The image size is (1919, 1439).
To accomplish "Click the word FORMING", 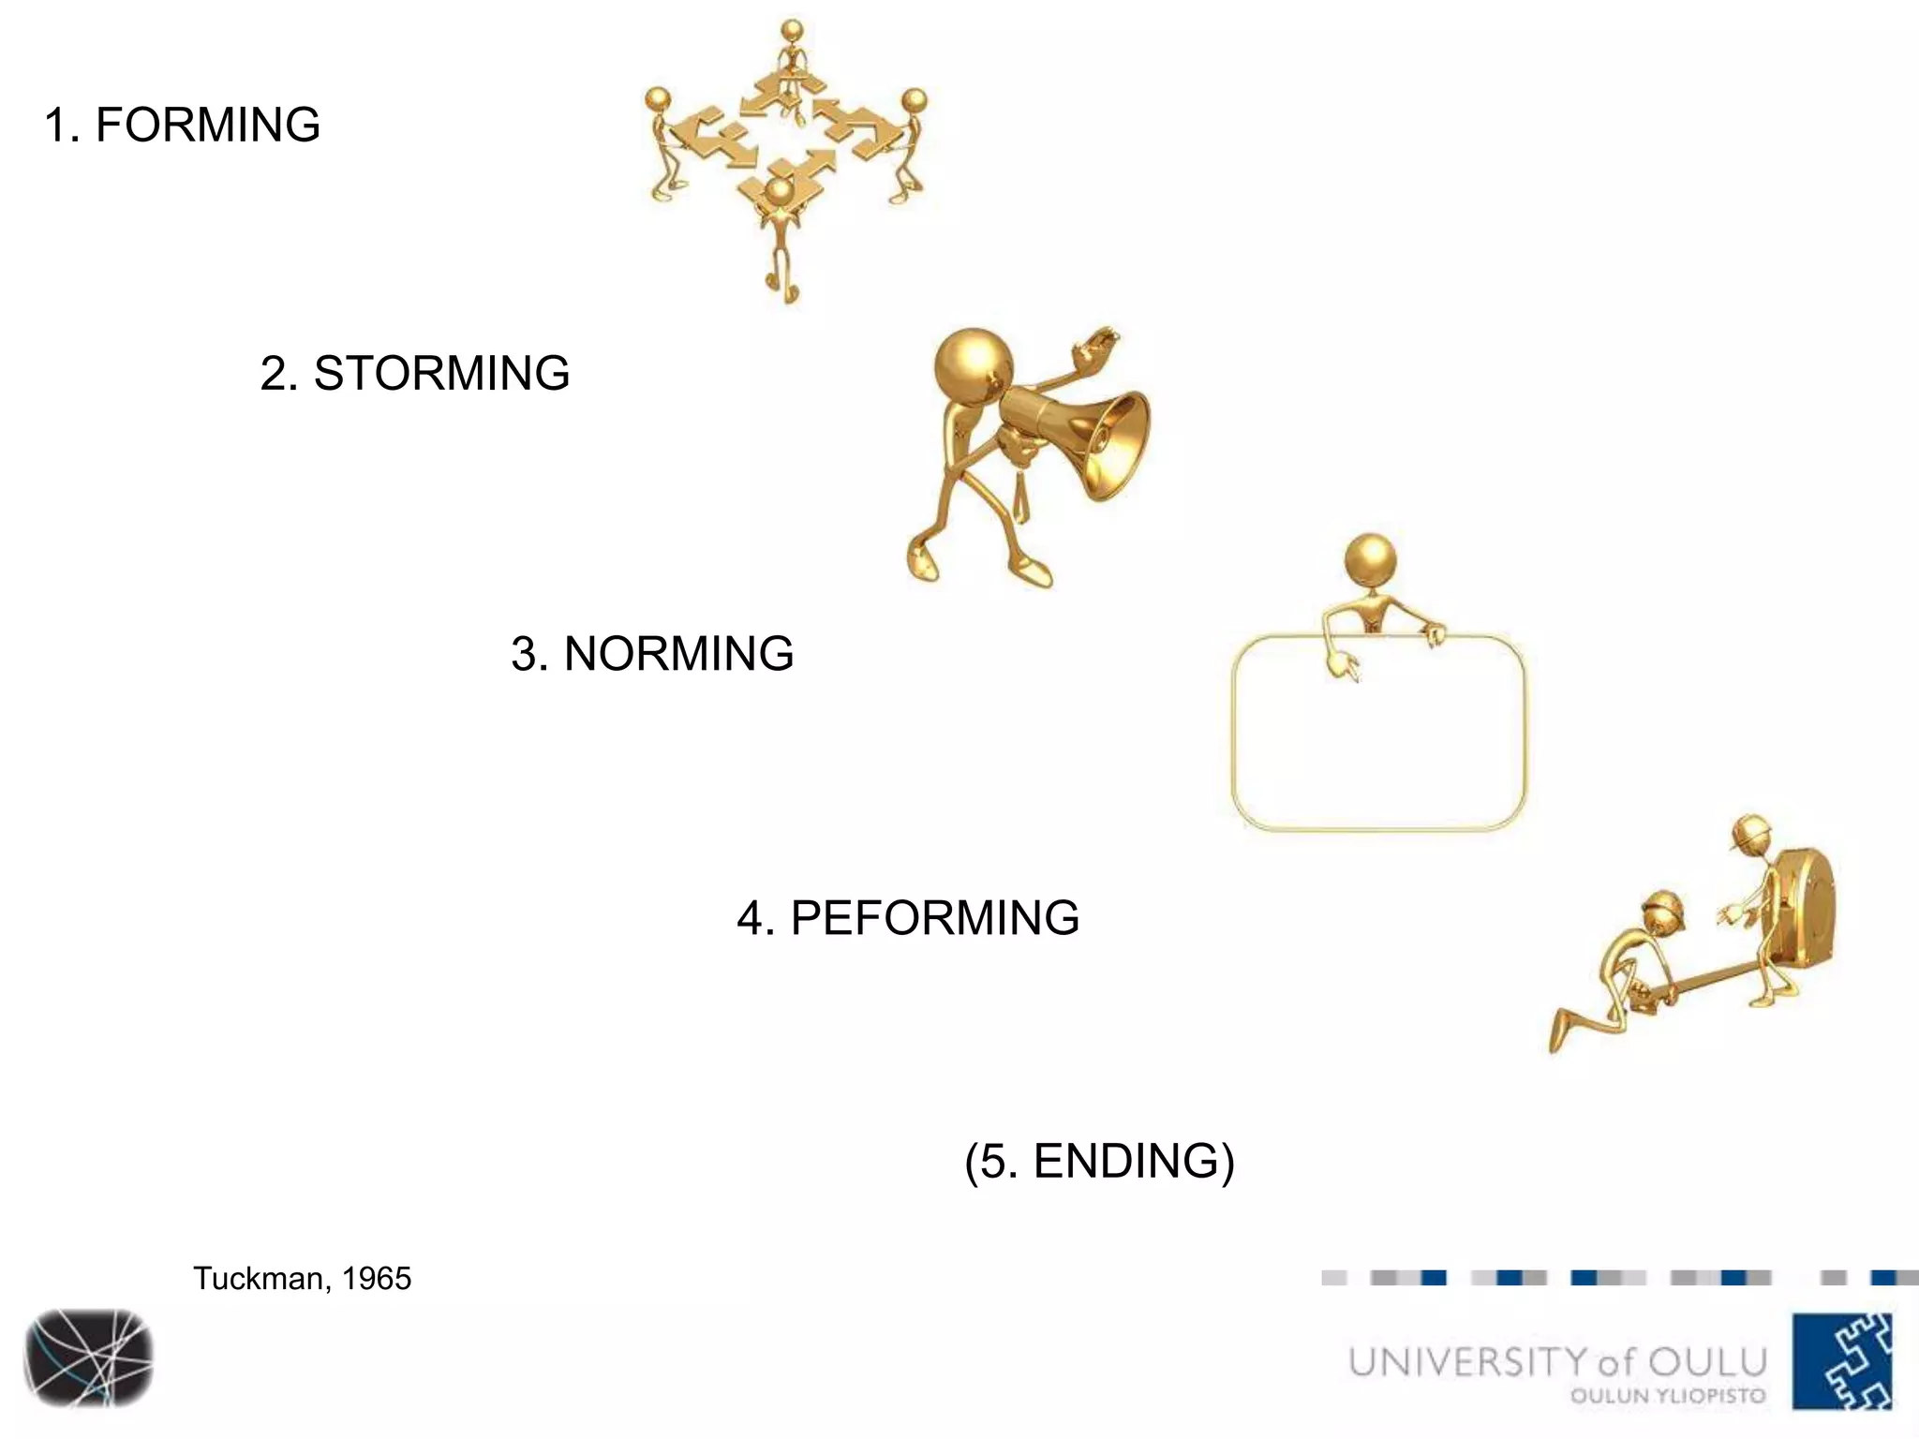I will (x=207, y=126).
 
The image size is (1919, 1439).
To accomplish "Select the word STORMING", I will (x=440, y=374).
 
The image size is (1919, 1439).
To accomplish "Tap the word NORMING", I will (x=678, y=654).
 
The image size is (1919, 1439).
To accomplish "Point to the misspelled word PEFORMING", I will (x=934, y=918).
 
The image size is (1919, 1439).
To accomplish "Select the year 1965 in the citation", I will (x=376, y=1279).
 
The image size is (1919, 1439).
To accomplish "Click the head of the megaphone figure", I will (x=974, y=365).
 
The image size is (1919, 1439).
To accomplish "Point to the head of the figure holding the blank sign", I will (x=1370, y=560).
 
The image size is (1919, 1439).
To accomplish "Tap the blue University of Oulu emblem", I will (x=1841, y=1360).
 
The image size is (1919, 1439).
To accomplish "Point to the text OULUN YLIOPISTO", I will (x=1667, y=1396).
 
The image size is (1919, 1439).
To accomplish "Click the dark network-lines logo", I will (x=89, y=1357).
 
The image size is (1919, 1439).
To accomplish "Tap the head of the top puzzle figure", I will (x=792, y=31).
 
